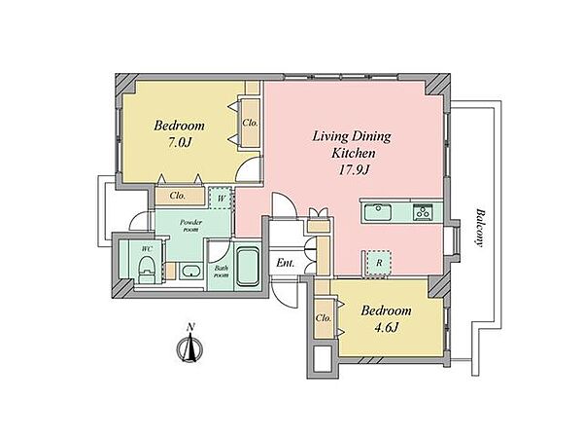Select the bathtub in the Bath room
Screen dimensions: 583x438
(248, 267)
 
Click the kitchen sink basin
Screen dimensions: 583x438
(377, 212)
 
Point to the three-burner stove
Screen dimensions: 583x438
(423, 212)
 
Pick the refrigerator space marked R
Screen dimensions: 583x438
(379, 263)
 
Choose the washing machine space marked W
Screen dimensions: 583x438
(221, 199)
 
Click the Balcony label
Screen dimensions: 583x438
(480, 228)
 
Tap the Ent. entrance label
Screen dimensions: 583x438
(285, 263)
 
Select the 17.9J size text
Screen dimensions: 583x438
(354, 169)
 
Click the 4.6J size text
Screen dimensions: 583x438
(386, 327)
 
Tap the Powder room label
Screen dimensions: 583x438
(190, 226)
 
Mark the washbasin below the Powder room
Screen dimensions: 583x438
(191, 270)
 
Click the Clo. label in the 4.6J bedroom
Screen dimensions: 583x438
(324, 318)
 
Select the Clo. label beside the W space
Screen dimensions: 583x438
(178, 196)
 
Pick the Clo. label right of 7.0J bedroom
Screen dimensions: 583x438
(251, 123)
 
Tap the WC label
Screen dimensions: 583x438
(147, 248)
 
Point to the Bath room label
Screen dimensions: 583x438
(222, 272)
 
